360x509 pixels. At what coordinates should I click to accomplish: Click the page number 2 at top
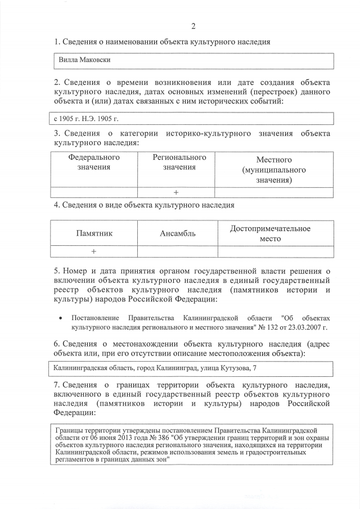pos(193,26)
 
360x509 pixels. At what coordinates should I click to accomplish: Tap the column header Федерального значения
pos(94,163)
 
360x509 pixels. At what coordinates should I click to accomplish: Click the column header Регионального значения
pos(179,163)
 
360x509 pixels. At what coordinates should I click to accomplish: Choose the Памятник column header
pos(94,233)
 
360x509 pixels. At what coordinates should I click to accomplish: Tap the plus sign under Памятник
pos(94,251)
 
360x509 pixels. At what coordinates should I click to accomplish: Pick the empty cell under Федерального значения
pos(94,192)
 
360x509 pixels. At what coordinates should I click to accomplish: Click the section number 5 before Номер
pos(56,270)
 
